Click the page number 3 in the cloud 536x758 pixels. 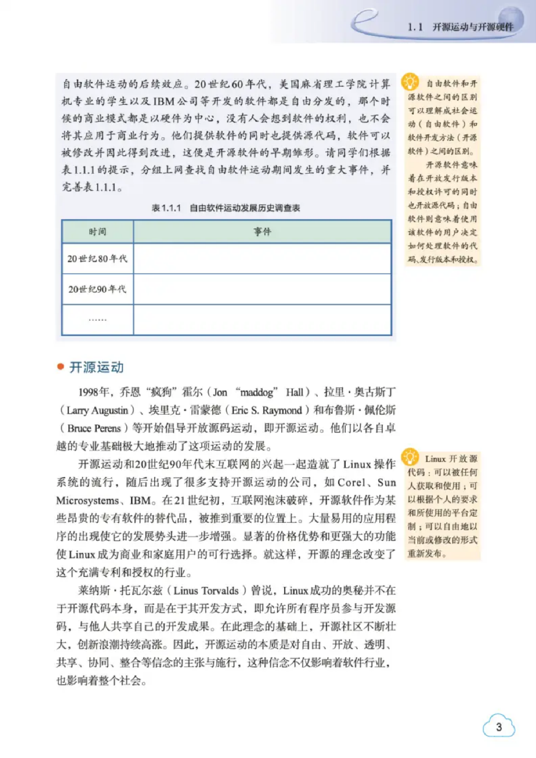[x=499, y=727]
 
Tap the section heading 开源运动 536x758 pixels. [x=97, y=367]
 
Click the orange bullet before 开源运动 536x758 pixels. [x=61, y=367]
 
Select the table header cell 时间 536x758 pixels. [x=97, y=231]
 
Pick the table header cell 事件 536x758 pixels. [x=262, y=231]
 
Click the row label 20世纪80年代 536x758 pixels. [x=97, y=259]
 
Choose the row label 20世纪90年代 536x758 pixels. [x=97, y=289]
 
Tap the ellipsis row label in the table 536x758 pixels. [x=97, y=320]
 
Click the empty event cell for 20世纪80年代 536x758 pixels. [x=262, y=259]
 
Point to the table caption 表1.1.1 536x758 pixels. [x=166, y=208]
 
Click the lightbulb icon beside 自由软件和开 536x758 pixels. [x=410, y=82]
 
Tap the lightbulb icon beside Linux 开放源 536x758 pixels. [x=410, y=457]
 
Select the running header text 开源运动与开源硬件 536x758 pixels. [x=473, y=27]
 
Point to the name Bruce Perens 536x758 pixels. [x=94, y=428]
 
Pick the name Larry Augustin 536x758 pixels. [x=97, y=410]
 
